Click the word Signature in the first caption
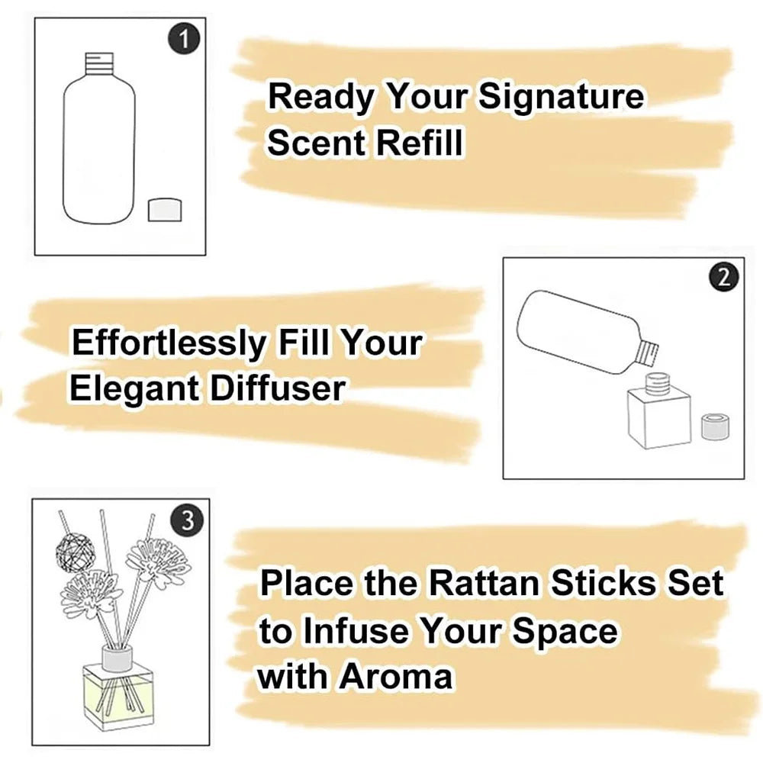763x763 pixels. click(x=561, y=99)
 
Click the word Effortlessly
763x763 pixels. click(x=166, y=343)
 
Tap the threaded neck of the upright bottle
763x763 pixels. click(x=97, y=63)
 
